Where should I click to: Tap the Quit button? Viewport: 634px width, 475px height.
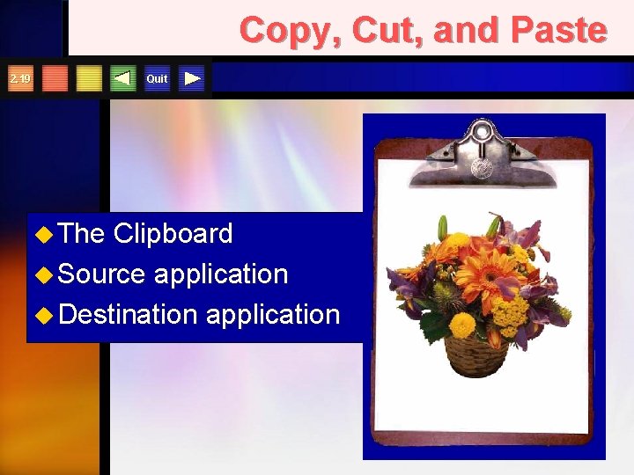[157, 79]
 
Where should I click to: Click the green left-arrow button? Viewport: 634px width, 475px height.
[123, 79]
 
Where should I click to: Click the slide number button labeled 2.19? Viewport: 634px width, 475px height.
[19, 79]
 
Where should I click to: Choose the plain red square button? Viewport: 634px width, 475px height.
[55, 79]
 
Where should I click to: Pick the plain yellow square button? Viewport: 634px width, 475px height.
[89, 79]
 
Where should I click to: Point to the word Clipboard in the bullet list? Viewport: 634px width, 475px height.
[173, 233]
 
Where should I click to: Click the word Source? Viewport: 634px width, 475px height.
[103, 274]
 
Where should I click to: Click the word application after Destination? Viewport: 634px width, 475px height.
[272, 314]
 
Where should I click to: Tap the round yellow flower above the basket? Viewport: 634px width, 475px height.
[462, 324]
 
